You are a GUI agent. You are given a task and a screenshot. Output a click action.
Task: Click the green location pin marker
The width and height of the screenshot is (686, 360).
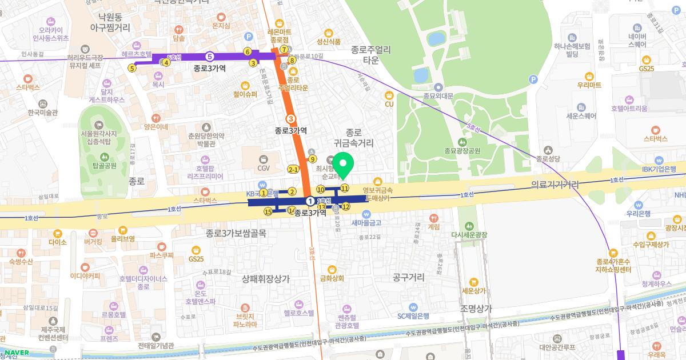click(343, 166)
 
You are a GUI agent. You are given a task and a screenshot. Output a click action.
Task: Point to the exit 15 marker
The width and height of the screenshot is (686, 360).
click(268, 212)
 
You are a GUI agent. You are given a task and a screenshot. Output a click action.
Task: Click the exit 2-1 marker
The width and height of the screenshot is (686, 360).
click(293, 170)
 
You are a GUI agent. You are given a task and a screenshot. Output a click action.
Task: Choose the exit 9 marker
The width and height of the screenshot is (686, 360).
click(312, 159)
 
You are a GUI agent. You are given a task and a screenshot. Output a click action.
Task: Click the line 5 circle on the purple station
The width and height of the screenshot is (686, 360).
click(210, 56)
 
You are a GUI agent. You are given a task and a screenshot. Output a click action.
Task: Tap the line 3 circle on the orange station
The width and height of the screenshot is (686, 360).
click(292, 119)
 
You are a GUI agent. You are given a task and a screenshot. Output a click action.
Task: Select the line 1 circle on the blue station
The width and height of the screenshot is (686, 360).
click(310, 201)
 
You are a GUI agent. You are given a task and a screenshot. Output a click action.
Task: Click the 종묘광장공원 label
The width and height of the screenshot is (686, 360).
click(462, 151)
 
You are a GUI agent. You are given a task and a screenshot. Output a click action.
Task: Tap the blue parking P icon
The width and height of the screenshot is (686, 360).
click(533, 79)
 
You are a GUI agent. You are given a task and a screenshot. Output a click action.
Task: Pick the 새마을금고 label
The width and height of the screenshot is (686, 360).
click(366, 222)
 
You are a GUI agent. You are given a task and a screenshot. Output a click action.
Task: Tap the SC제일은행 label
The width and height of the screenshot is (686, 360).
click(413, 315)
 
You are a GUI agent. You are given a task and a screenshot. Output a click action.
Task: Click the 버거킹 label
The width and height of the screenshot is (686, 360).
click(93, 242)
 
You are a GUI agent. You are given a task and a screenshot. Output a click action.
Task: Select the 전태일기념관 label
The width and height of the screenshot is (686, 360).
click(155, 345)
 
